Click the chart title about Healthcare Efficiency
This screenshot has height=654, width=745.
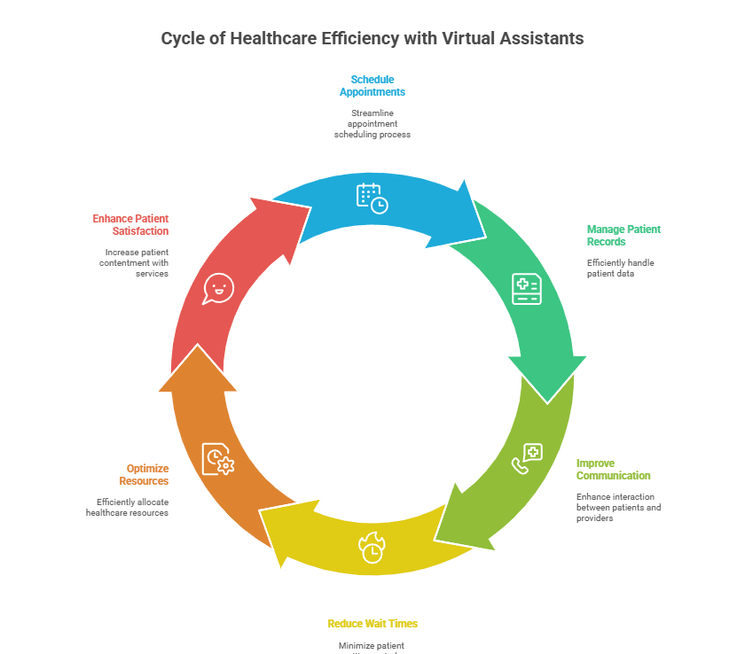click(x=372, y=39)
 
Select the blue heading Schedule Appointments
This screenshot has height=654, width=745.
click(x=372, y=85)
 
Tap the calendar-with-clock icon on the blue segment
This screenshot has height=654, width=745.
click(x=372, y=197)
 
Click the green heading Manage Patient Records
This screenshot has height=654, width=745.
click(x=623, y=235)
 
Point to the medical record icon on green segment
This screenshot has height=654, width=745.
click(x=526, y=289)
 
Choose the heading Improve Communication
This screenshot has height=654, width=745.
click(x=613, y=469)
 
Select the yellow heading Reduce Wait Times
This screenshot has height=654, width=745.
click(x=372, y=623)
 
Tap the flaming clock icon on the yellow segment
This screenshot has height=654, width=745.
click(x=372, y=548)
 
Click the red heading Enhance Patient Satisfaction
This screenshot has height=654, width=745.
click(x=130, y=224)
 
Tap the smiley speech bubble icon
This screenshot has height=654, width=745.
click(x=217, y=288)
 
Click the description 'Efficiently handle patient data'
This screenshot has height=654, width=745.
click(x=620, y=268)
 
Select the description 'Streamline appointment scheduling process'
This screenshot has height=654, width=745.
click(x=372, y=123)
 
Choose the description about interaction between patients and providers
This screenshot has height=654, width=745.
click(x=618, y=507)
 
